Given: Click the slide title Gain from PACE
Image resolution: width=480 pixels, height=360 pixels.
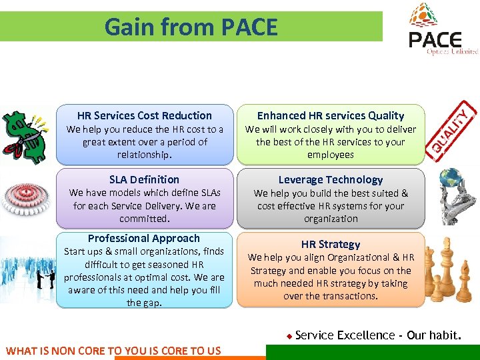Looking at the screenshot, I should (x=191, y=27).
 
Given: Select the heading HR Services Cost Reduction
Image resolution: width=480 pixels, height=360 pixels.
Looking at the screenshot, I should (x=144, y=115).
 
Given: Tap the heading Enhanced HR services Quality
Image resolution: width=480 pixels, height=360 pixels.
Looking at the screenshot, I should (x=331, y=115).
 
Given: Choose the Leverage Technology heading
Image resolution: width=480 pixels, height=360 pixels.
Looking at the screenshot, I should (x=331, y=179).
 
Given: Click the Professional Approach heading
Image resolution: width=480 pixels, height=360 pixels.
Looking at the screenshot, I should (x=144, y=238).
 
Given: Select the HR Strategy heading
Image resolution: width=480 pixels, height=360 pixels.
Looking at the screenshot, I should (x=331, y=244).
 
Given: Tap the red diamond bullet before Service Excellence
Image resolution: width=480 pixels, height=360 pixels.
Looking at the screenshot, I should (x=289, y=336).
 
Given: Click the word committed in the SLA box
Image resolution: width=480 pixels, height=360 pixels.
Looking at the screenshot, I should (x=145, y=219).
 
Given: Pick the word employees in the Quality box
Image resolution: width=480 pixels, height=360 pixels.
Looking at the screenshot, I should (x=331, y=155).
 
